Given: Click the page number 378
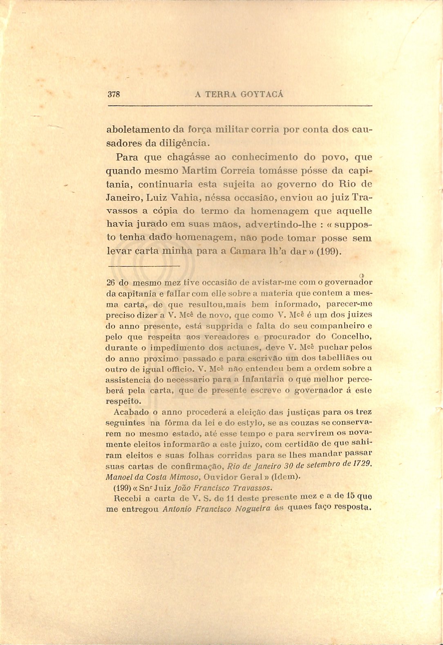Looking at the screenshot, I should [114, 94].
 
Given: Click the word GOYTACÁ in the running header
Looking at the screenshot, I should [262, 94].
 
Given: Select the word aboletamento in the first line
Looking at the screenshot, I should [138, 130].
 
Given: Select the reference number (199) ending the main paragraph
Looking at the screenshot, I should [329, 251].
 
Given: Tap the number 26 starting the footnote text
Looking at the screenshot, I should [111, 282].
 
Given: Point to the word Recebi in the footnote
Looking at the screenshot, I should [127, 499].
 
